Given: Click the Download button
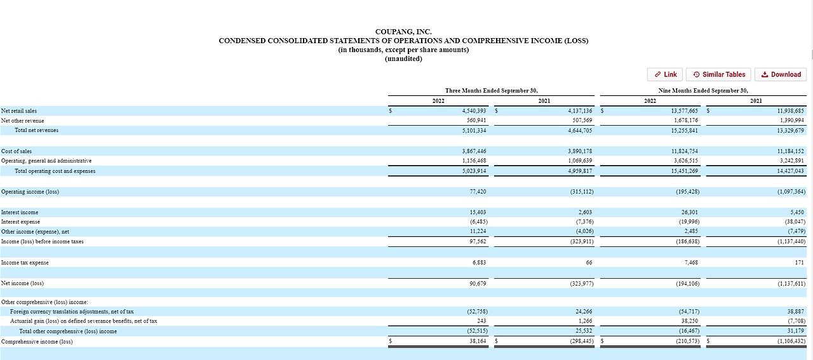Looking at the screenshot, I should tap(781, 74).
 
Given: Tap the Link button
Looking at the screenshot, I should tap(665, 74).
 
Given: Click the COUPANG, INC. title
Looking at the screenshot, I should tap(403, 32).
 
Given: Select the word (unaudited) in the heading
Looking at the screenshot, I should tap(403, 59).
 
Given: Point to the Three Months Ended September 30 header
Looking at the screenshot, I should tap(495, 91).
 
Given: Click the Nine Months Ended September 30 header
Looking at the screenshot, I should tap(702, 91).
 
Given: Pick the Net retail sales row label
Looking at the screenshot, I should tap(19, 111).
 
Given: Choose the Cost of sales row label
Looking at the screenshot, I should tap(17, 151).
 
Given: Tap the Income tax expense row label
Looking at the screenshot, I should tap(25, 263).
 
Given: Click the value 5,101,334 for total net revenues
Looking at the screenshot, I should tap(473, 131).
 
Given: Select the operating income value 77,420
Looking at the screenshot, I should tap(477, 192).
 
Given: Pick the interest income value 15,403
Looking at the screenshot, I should tap(477, 212).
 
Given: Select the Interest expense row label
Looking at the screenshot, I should tap(20, 222).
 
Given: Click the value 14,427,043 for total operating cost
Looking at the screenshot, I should tap(790, 171).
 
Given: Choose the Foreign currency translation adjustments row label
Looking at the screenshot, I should tap(72, 312).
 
